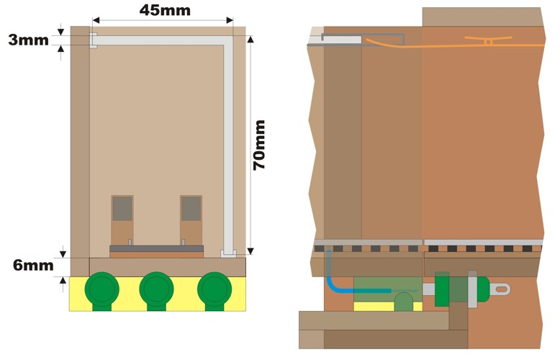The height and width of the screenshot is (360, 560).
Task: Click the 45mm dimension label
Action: [165, 10]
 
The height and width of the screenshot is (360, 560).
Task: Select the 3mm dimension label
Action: [29, 40]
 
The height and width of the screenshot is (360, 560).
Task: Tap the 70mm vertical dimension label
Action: [259, 145]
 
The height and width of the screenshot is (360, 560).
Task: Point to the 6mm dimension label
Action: [33, 266]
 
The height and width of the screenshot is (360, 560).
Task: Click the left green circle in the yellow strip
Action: [101, 290]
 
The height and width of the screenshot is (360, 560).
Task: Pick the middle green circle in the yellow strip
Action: [156, 290]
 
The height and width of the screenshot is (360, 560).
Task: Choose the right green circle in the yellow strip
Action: [214, 290]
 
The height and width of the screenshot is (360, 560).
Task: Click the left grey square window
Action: [122, 209]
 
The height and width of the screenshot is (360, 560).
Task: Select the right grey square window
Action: [191, 209]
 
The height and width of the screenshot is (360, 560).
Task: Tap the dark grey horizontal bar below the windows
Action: [156, 248]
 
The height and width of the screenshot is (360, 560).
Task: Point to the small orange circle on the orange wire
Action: [488, 42]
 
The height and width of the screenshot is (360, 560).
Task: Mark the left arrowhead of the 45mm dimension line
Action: [96, 20]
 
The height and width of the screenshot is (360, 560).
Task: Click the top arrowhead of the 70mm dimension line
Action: [250, 39]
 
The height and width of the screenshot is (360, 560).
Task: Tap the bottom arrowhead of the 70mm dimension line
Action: [250, 251]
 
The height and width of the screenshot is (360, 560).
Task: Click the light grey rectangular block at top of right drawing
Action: [342, 40]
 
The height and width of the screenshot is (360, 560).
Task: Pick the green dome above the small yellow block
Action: [404, 302]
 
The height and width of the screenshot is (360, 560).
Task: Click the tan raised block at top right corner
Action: [482, 17]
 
